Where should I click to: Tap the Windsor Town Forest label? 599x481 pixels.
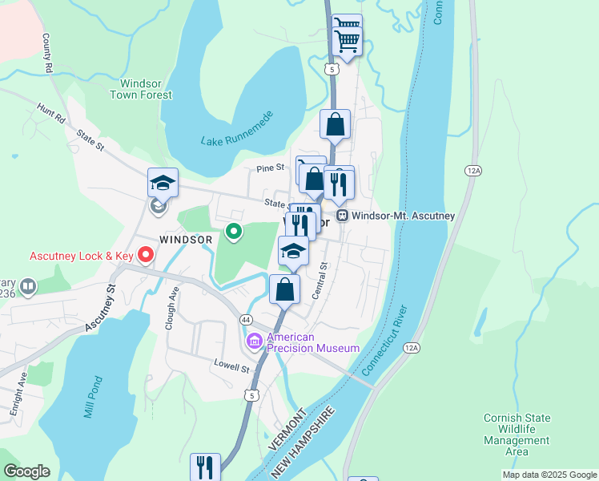[x=146, y=89]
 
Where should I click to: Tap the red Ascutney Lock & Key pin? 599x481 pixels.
[x=146, y=256]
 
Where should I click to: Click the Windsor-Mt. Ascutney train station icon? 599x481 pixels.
[x=342, y=216]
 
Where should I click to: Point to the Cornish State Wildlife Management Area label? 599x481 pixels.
[x=517, y=435]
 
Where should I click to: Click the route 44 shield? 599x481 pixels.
[x=246, y=319]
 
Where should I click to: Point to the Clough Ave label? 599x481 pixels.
[x=171, y=301]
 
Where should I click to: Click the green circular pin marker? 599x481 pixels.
[x=234, y=232]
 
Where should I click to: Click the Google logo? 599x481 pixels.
[x=26, y=471]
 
